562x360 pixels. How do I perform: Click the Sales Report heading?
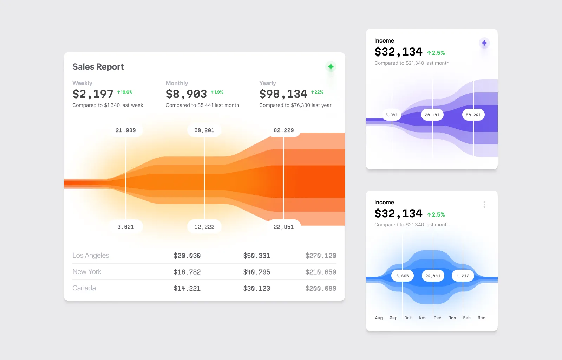click(x=98, y=67)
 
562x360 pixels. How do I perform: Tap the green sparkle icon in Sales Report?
click(x=331, y=66)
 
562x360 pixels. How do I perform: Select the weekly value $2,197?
click(x=93, y=94)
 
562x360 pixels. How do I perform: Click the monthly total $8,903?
click(x=186, y=94)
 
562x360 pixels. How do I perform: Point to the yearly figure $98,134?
click(x=283, y=94)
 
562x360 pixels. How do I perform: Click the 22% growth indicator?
click(x=317, y=92)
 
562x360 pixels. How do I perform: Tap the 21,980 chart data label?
click(x=126, y=130)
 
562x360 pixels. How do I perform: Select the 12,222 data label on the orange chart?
click(x=204, y=227)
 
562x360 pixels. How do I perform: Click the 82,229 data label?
click(x=283, y=130)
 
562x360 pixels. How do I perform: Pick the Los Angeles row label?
click(x=91, y=256)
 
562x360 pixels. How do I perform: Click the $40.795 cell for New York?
click(x=256, y=272)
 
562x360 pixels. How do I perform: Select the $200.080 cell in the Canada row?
click(x=321, y=288)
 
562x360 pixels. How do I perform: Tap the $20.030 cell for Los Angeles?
click(x=187, y=256)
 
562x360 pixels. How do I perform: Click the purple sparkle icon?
click(x=484, y=43)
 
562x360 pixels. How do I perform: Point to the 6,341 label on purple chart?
click(x=392, y=115)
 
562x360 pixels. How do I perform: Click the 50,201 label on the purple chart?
click(x=473, y=115)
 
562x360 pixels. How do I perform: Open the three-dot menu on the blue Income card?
click(x=484, y=205)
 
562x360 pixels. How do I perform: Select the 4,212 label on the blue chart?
click(x=463, y=276)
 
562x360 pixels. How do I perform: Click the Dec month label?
click(x=437, y=318)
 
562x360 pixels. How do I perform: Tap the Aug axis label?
click(x=379, y=318)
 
